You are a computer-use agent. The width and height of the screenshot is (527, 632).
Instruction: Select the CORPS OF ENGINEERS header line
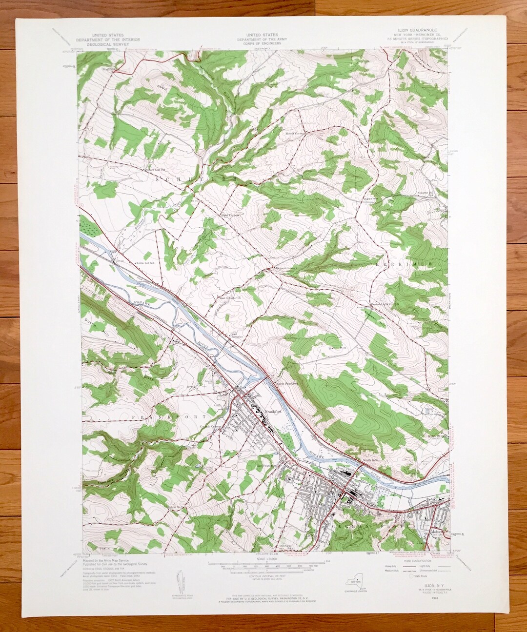click(x=262, y=43)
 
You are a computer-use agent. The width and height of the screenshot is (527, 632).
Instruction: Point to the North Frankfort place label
click(x=287, y=383)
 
